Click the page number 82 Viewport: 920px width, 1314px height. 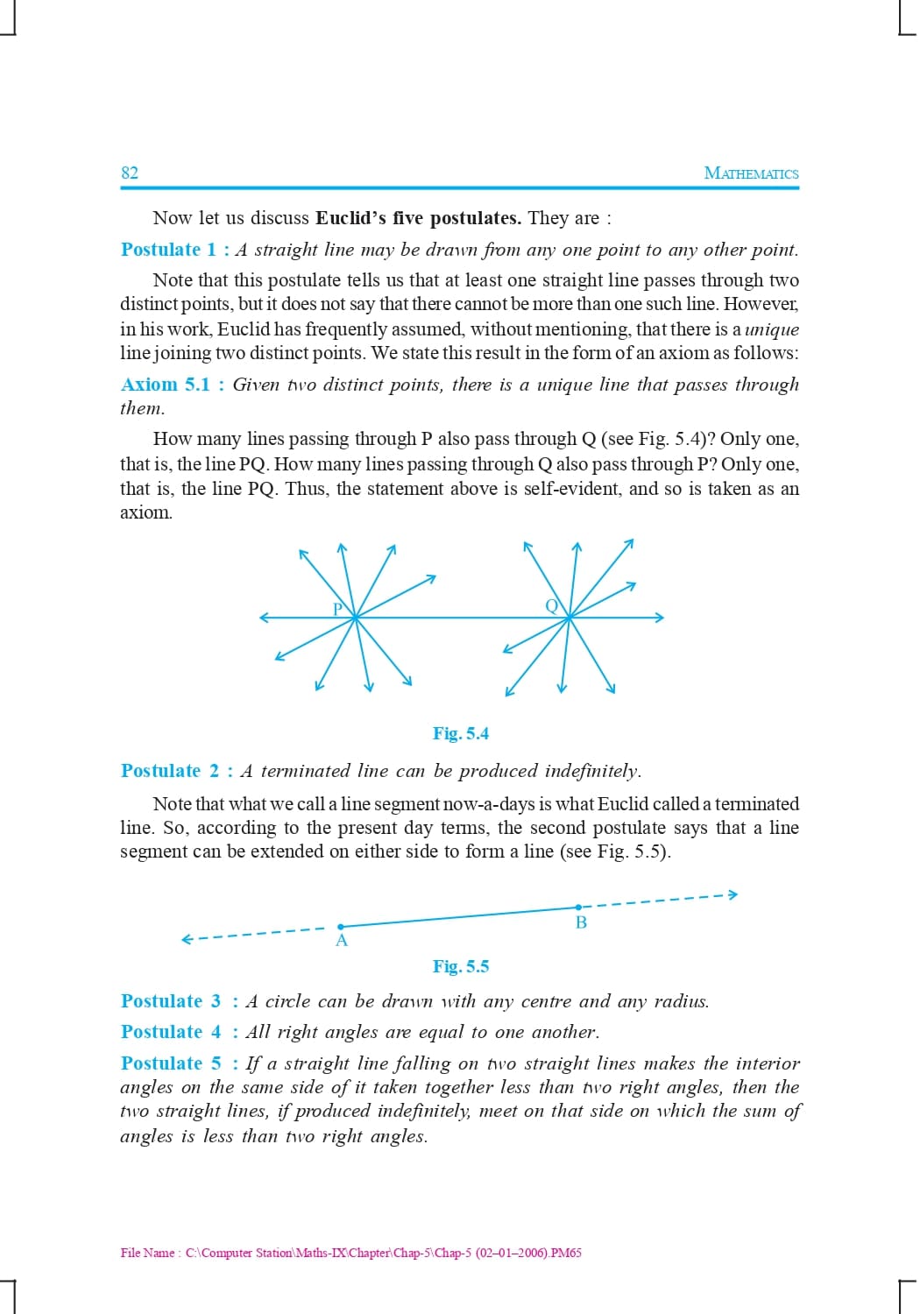[x=130, y=173]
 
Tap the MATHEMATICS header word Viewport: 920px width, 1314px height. [x=751, y=173]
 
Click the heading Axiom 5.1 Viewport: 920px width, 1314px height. [x=166, y=385]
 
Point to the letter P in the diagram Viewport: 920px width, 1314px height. [x=337, y=609]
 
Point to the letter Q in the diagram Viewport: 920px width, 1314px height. [x=551, y=605]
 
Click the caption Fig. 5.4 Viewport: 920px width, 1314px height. [x=461, y=733]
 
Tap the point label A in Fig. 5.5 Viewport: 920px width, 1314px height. [x=342, y=941]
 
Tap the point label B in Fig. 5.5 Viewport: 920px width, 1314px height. [x=581, y=922]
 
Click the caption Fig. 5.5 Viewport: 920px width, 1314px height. [x=461, y=966]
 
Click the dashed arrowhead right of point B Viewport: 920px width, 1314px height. [x=733, y=894]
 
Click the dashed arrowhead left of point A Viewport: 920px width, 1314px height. [x=186, y=940]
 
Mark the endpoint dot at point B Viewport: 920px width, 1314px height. [x=578, y=908]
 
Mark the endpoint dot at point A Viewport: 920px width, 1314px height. [x=341, y=926]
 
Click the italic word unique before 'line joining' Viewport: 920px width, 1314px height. [x=771, y=329]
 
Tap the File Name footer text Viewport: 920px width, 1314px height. [x=350, y=1253]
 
